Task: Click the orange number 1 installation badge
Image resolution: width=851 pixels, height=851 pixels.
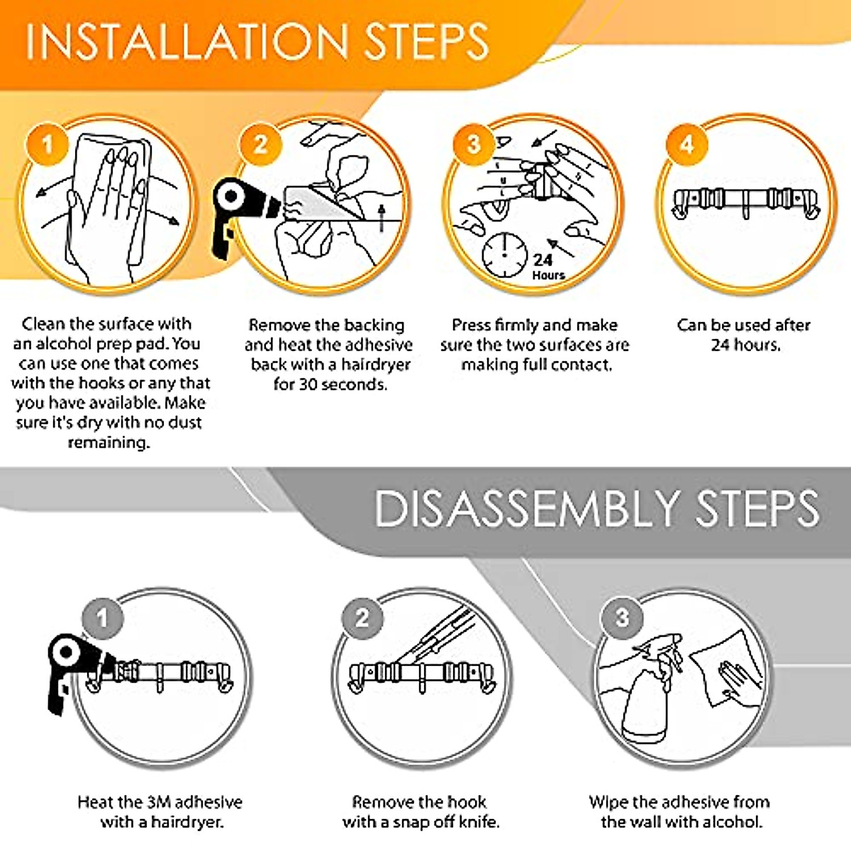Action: [48, 145]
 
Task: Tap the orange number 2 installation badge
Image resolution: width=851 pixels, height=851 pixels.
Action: [260, 145]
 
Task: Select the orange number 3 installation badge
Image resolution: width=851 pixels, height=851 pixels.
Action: [474, 145]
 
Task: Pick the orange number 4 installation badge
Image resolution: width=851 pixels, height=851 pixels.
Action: [687, 145]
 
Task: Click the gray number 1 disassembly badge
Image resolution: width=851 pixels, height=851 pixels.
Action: [102, 618]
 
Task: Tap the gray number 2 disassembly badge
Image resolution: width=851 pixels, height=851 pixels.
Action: [362, 618]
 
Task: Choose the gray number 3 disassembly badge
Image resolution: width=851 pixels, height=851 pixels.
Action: [621, 618]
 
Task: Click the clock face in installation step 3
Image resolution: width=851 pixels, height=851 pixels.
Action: [504, 256]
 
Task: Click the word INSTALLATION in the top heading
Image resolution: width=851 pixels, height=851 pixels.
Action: [187, 41]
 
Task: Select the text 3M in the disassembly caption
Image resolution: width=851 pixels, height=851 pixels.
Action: [157, 802]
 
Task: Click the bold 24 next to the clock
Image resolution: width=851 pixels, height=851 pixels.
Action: [543, 260]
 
